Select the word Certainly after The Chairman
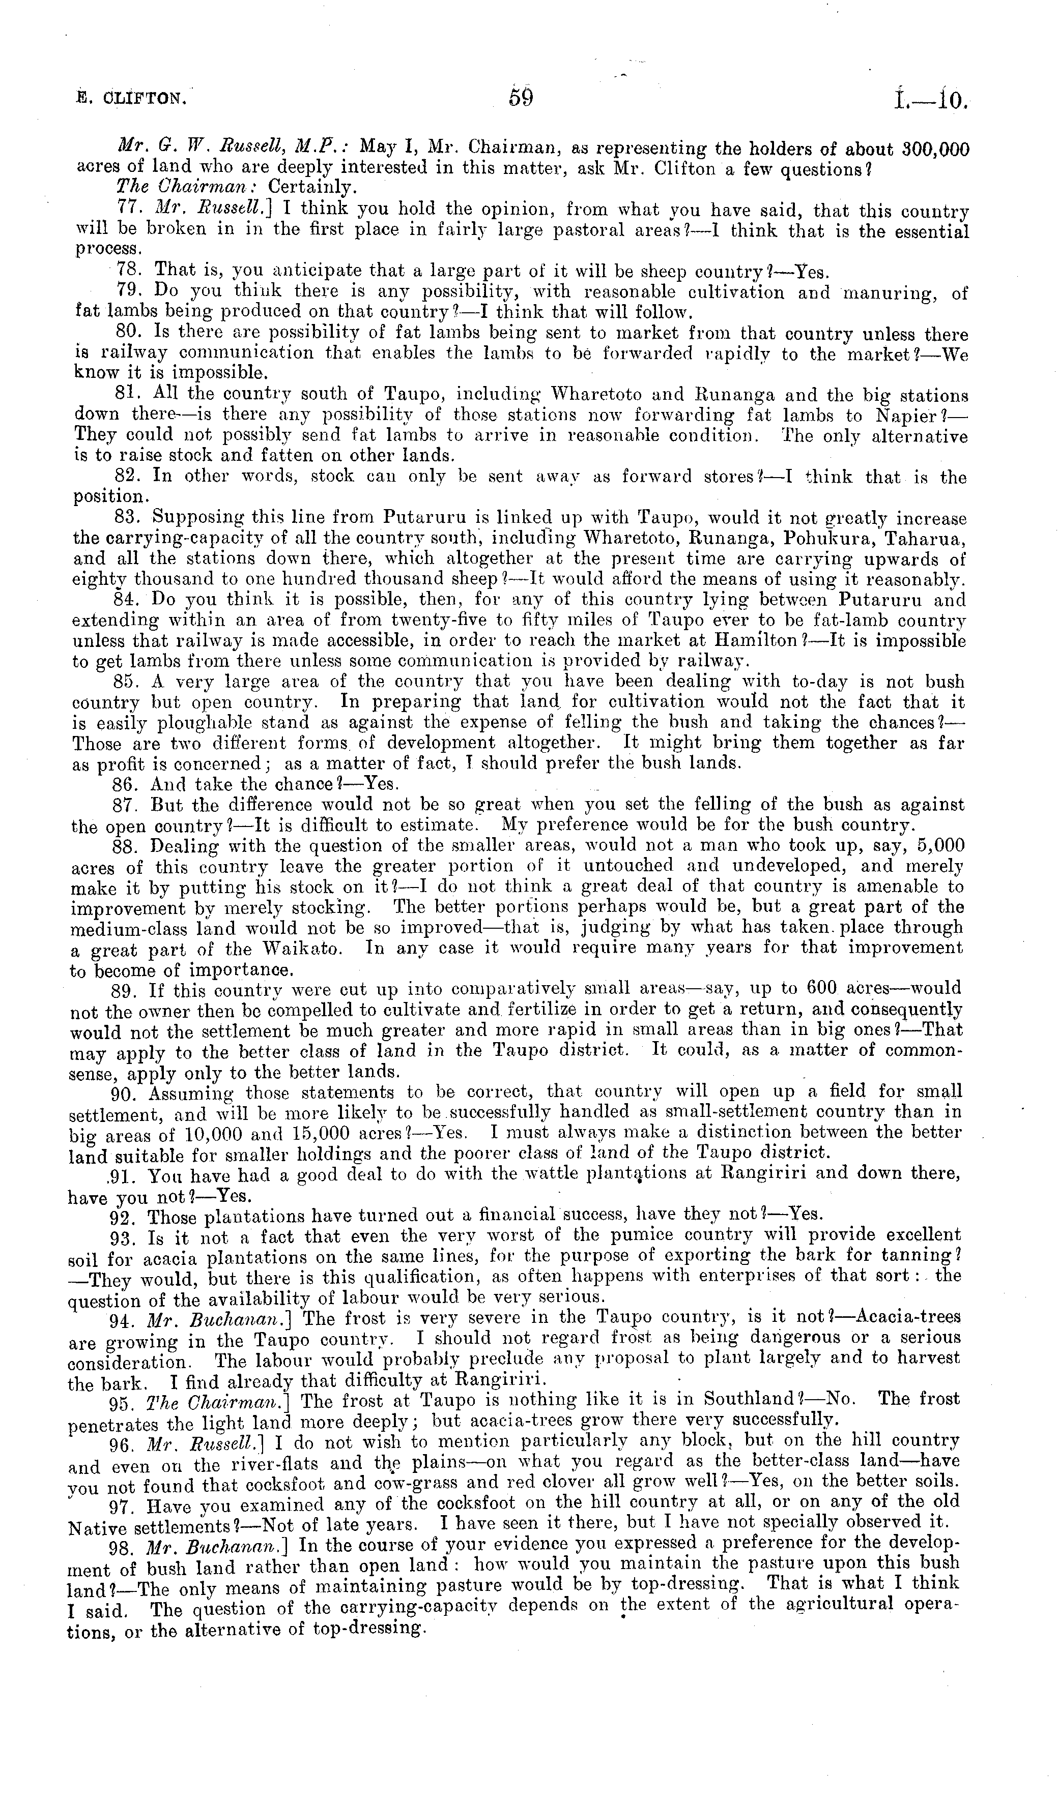click(313, 189)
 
